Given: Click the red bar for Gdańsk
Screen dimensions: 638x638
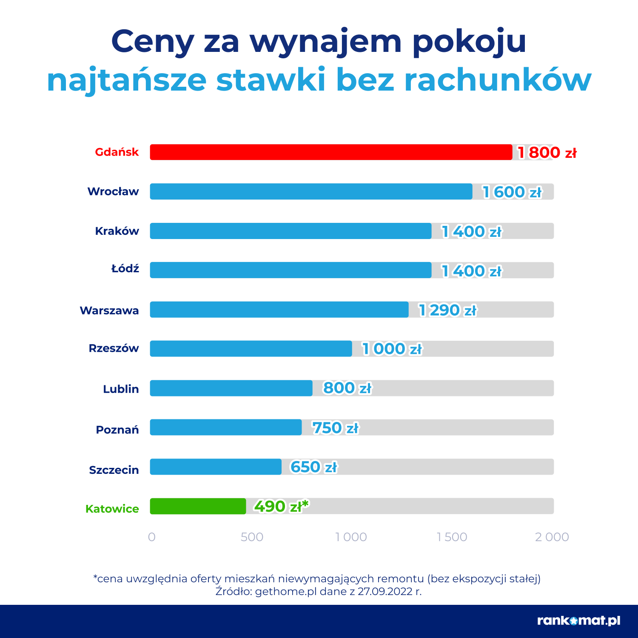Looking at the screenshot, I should [x=331, y=152].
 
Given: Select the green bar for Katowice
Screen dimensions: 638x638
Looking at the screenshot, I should [x=198, y=506].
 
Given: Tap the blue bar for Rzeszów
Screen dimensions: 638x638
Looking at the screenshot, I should [x=251, y=349].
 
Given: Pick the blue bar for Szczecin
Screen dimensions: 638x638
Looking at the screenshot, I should [x=216, y=467].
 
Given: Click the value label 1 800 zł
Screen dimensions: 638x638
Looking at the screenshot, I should [x=547, y=152].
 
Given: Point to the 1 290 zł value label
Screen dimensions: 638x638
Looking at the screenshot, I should [x=447, y=310].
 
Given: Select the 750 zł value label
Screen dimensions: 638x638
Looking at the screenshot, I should [x=336, y=428].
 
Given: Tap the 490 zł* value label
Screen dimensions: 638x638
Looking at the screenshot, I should [x=281, y=506].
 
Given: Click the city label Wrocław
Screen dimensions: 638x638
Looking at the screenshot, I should [x=113, y=191].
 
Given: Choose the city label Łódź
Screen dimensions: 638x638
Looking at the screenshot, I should [x=125, y=269].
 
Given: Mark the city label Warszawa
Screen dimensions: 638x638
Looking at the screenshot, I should [x=109, y=310].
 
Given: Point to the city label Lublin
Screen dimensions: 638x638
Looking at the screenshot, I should [x=121, y=389].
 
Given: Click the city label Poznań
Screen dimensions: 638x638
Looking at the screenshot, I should [x=117, y=430].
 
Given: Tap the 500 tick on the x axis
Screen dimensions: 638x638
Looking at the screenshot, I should [x=252, y=537].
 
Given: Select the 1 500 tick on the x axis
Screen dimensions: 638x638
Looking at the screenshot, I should [x=452, y=537].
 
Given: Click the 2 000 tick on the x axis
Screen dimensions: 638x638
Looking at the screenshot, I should [x=552, y=537].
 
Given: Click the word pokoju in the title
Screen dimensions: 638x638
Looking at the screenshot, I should [x=470, y=42].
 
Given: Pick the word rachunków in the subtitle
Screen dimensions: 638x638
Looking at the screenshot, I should [x=498, y=80].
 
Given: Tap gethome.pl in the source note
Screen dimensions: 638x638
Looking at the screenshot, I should [x=286, y=592].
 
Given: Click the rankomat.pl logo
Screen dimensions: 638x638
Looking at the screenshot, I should [x=578, y=621].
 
